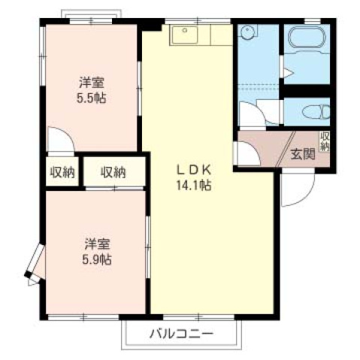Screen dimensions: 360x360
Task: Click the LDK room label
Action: [x=194, y=171]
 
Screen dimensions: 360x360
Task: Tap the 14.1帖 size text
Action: [x=194, y=186]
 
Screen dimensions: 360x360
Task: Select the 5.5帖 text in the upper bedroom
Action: [x=91, y=98]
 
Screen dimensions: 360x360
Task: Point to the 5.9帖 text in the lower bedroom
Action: [x=97, y=260]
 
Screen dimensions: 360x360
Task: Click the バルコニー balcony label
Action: [x=182, y=334]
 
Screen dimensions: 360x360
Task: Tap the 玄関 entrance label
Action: [x=302, y=154]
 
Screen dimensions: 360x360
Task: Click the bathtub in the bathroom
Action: [x=307, y=37]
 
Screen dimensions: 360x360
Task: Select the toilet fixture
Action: [x=316, y=112]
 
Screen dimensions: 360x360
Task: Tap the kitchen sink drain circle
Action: [x=185, y=30]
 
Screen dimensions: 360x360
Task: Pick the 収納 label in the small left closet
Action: [x=62, y=172]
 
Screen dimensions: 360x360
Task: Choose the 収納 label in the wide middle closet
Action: [x=113, y=172]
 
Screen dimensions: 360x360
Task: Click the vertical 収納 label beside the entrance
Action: [x=325, y=141]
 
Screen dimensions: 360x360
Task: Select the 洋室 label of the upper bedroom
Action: [x=92, y=83]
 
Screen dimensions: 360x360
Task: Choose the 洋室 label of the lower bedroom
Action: [x=97, y=244]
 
